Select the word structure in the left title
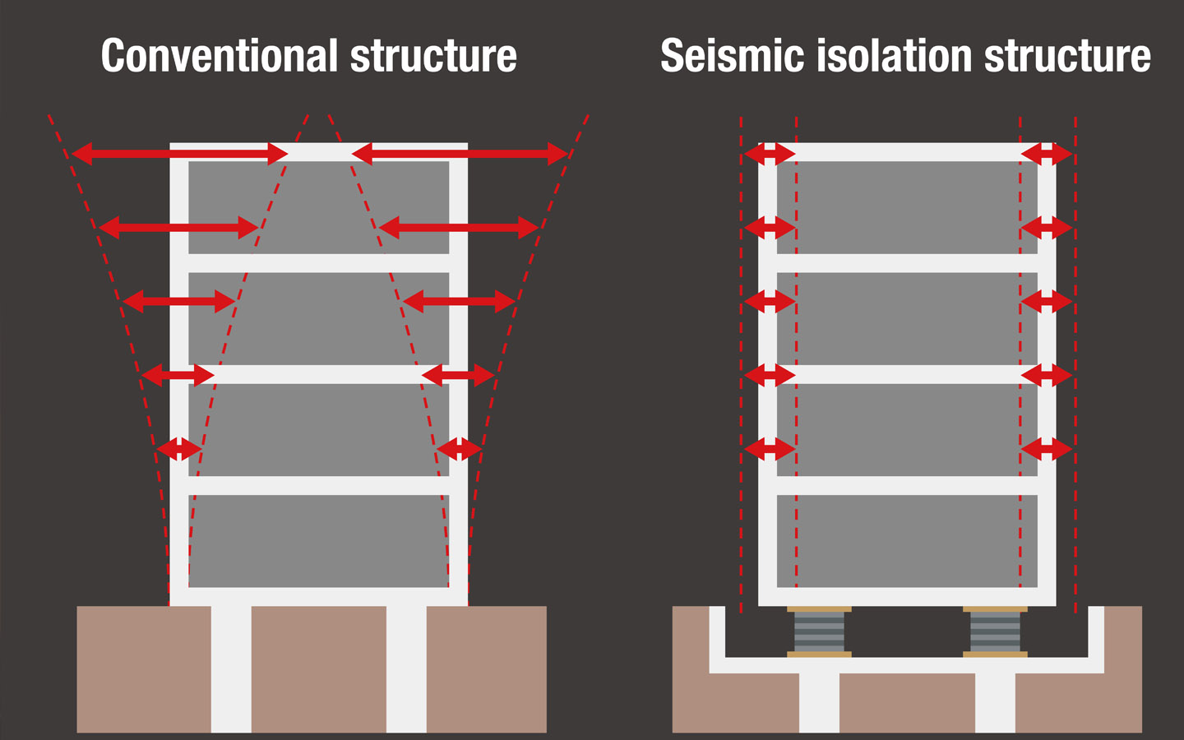coord(433,56)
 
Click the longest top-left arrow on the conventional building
coord(180,153)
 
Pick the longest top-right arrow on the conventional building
coord(460,153)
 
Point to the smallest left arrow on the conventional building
coord(179,449)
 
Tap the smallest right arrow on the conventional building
coord(459,449)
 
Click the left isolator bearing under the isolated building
coord(819,631)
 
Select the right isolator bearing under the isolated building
coord(995,631)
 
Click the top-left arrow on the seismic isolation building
coord(770,154)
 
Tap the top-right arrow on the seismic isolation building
coord(1047,154)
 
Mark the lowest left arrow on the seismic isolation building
coord(770,449)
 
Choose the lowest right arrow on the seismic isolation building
coord(1047,449)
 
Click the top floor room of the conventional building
coord(319,207)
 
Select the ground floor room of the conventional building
coord(319,541)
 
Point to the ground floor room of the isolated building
coord(907,541)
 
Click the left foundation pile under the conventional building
coord(231,669)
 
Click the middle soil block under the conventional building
coord(319,669)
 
